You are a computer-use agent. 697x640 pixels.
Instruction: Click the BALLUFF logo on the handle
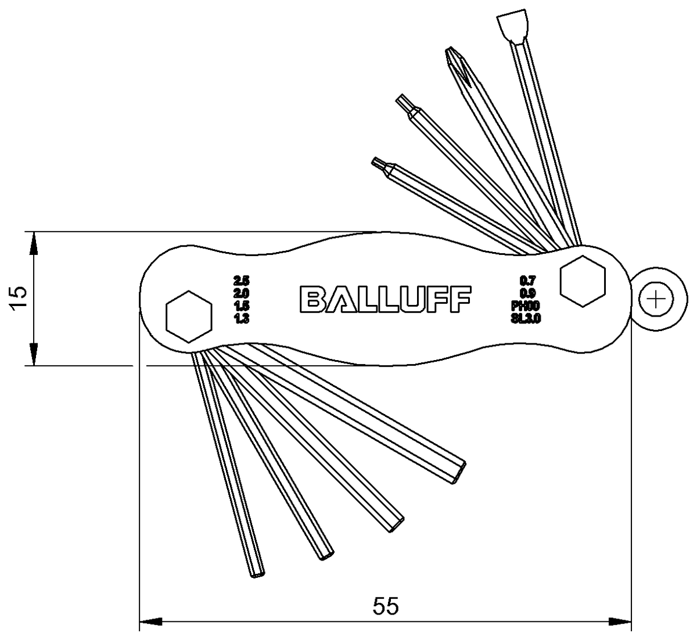[x=386, y=299]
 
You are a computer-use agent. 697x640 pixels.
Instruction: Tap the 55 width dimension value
[x=386, y=607]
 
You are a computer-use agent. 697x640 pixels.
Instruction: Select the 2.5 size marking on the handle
[x=241, y=279]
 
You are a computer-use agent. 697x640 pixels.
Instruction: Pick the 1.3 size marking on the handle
[x=241, y=318]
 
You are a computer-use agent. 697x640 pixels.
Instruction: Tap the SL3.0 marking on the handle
[x=526, y=318]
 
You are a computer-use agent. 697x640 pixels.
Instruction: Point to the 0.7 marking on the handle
[x=527, y=280]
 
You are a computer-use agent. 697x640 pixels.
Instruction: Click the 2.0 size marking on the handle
[x=241, y=293]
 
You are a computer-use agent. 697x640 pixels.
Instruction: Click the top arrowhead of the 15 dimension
[x=34, y=243]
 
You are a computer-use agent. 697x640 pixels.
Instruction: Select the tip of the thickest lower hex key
[x=459, y=471]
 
